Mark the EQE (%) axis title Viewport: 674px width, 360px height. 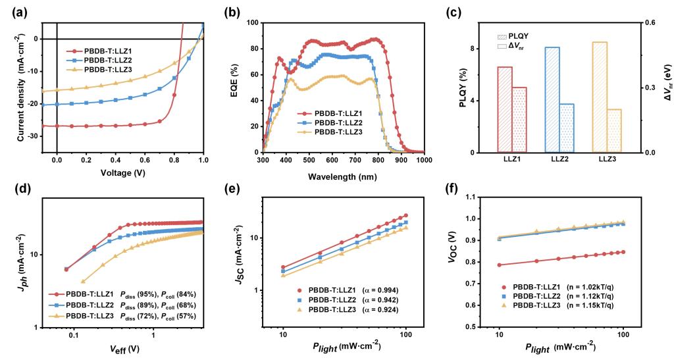[235, 87]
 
